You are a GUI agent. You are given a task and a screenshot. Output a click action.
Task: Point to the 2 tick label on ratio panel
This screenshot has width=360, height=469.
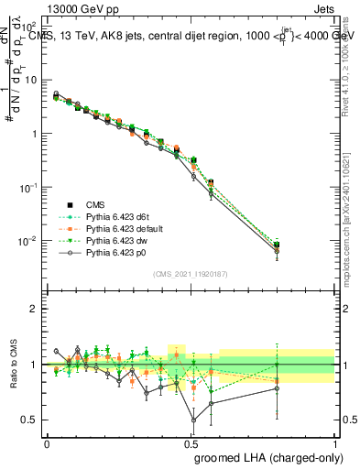32,309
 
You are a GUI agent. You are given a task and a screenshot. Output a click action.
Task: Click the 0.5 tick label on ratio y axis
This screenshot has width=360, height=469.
27,420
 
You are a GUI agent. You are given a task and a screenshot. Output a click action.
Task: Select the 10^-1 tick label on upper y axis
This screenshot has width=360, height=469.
27,187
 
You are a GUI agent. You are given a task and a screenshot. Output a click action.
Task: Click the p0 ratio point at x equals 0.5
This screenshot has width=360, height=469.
193,420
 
